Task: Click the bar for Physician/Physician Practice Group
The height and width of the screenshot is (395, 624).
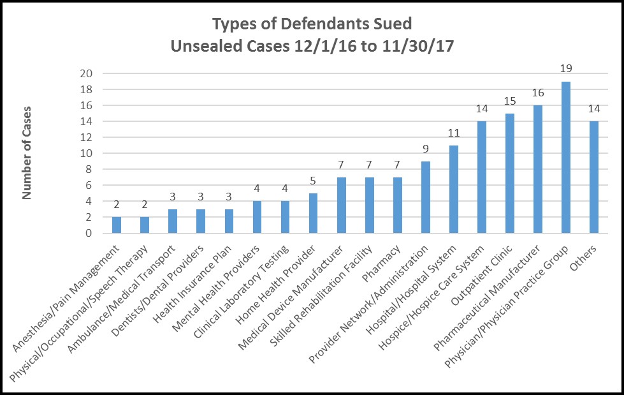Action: tap(565, 158)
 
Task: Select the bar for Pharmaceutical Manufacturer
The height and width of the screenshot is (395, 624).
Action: tap(537, 169)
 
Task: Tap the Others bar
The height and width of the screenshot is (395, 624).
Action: tap(593, 177)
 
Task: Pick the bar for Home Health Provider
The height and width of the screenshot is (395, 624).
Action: tap(313, 213)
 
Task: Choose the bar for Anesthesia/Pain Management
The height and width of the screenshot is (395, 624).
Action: tap(117, 225)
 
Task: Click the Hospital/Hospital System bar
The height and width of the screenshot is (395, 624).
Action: tap(453, 190)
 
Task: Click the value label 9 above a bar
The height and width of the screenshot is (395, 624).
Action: tap(425, 149)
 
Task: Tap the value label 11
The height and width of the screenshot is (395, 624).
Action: tap(453, 133)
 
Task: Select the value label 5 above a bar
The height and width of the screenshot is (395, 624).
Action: tap(313, 181)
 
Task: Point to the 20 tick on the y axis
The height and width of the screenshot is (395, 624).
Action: tap(87, 73)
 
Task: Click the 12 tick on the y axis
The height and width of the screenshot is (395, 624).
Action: tap(87, 137)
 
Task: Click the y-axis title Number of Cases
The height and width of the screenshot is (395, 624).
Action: tap(28, 153)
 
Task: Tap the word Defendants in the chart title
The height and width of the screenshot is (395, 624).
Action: tap(311, 25)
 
